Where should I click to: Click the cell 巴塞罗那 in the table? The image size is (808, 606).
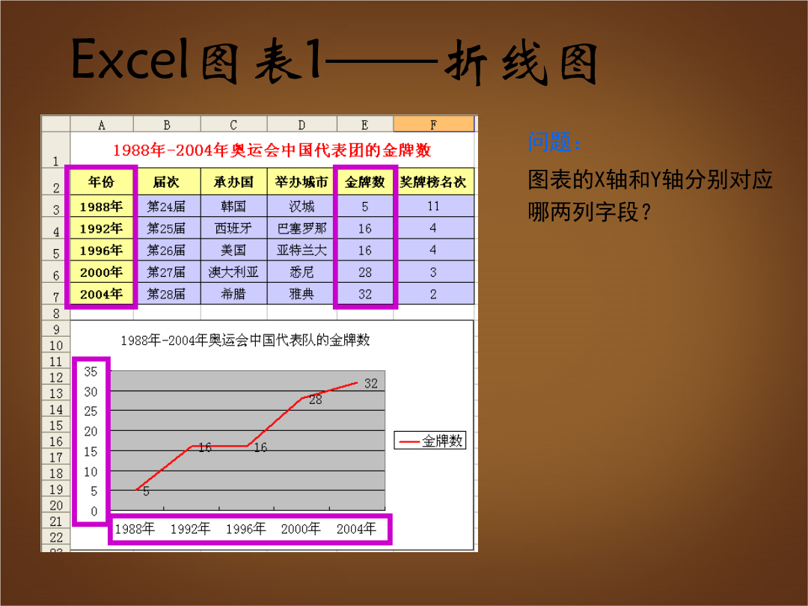tap(302, 227)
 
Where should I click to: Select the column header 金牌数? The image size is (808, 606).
tap(365, 181)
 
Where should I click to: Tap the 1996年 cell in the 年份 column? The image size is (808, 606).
tap(101, 250)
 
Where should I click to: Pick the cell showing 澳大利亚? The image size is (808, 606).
tap(233, 272)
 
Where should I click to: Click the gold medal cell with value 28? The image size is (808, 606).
tap(365, 272)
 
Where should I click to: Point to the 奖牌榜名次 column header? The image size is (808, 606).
tap(433, 181)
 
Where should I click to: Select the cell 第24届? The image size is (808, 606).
tap(166, 206)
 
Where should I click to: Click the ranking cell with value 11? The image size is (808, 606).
tap(433, 206)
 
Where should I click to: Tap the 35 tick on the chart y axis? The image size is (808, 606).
tap(91, 372)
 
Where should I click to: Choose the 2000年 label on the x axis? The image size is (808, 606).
tap(301, 529)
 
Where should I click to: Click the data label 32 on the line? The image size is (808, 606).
tap(371, 383)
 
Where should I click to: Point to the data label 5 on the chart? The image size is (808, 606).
tap(147, 492)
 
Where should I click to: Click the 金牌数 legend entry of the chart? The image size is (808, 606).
tap(430, 441)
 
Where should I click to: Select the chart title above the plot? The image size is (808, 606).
tap(245, 340)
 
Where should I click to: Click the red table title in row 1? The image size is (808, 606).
tap(272, 150)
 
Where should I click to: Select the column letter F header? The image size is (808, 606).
tap(433, 124)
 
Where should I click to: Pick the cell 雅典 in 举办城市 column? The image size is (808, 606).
tap(302, 294)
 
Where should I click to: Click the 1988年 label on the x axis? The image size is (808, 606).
tap(135, 529)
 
